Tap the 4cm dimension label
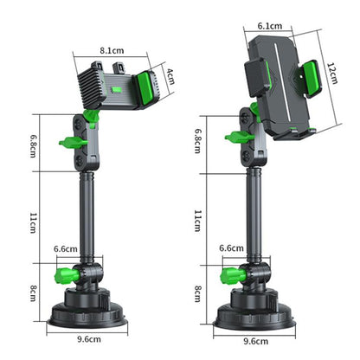[170, 76]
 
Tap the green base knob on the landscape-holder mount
[62, 277]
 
